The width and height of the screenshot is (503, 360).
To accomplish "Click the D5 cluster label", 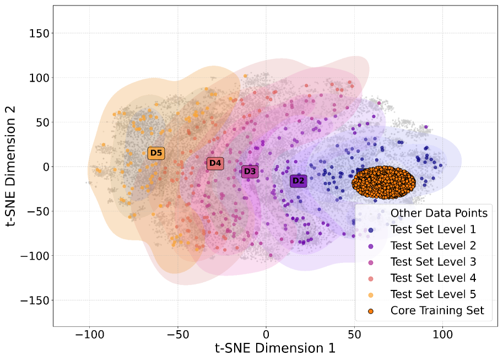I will pyautogui.click(x=156, y=153).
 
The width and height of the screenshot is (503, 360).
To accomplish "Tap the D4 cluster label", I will pyautogui.click(x=215, y=163).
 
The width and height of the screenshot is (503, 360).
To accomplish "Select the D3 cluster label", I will pyautogui.click(x=250, y=171).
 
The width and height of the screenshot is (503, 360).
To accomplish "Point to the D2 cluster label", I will pyautogui.click(x=298, y=180).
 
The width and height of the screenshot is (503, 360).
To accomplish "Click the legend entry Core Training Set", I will pyautogui.click(x=437, y=311).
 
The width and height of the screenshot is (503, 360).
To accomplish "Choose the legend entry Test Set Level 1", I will pyautogui.click(x=432, y=229).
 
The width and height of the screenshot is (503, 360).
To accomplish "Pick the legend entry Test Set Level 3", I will pyautogui.click(x=432, y=262).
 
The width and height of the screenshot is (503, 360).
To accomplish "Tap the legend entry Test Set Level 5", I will pyautogui.click(x=432, y=294).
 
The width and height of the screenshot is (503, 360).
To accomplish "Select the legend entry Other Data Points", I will pyautogui.click(x=439, y=213).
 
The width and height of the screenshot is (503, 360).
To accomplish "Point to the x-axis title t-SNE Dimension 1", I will pyautogui.click(x=275, y=348).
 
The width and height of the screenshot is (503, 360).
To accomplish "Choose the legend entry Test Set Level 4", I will pyautogui.click(x=432, y=278).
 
